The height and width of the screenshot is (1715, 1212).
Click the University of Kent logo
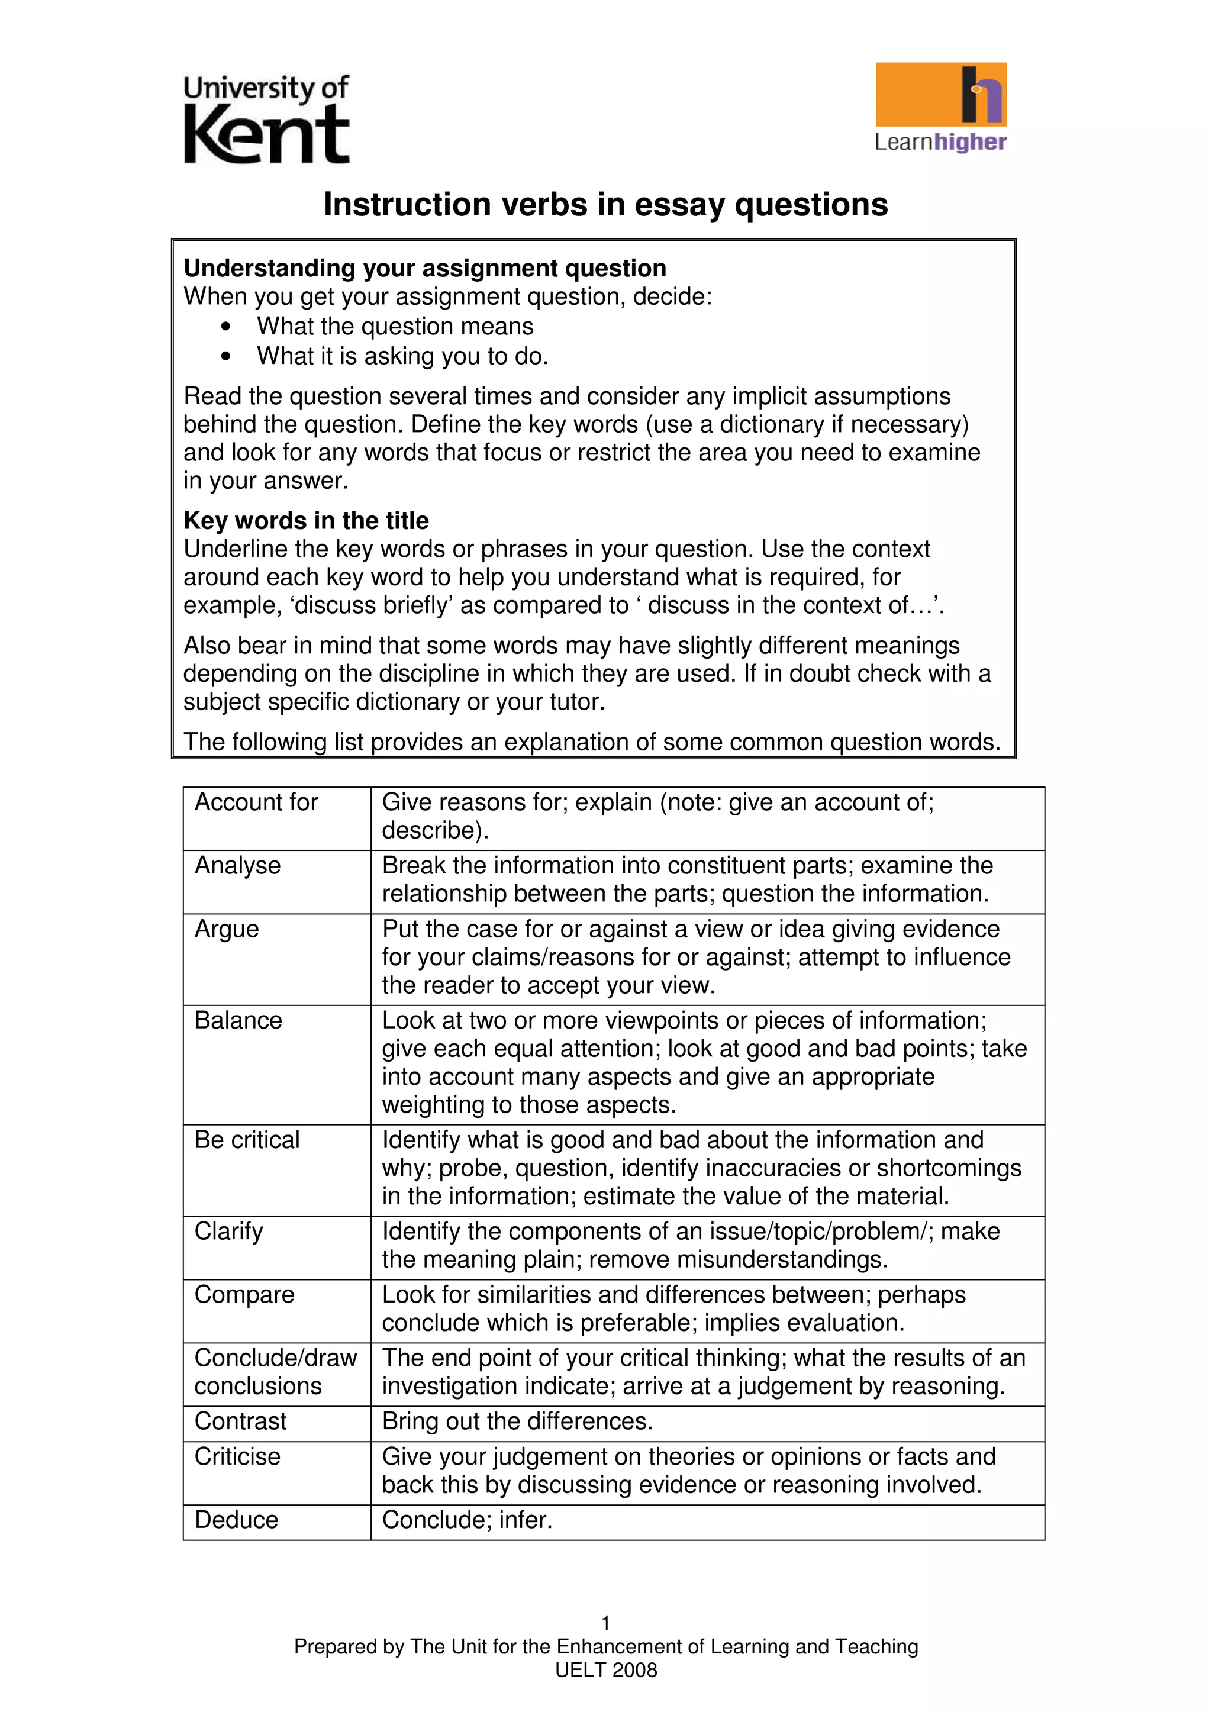pyautogui.click(x=266, y=120)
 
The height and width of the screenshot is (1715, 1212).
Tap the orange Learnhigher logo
pyautogui.click(x=940, y=106)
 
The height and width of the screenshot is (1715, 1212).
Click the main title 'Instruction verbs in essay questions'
pyautogui.click(x=605, y=205)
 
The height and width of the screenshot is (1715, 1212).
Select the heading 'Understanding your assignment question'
pyautogui.click(x=425, y=268)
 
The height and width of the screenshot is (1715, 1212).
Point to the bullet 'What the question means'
pyautogui.click(x=395, y=327)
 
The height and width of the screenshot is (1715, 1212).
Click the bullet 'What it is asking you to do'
pyautogui.click(x=402, y=356)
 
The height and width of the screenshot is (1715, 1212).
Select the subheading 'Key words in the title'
pyautogui.click(x=306, y=520)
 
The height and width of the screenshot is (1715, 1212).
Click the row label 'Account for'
pyautogui.click(x=256, y=802)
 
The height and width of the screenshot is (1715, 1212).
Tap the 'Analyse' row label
pyautogui.click(x=237, y=866)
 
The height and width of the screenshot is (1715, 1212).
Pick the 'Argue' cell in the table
pyautogui.click(x=227, y=929)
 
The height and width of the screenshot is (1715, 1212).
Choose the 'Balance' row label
pyautogui.click(x=238, y=1020)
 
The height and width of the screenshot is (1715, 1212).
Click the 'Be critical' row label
pyautogui.click(x=247, y=1140)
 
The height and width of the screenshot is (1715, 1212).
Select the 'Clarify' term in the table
pyautogui.click(x=228, y=1231)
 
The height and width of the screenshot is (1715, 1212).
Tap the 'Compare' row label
pyautogui.click(x=244, y=1294)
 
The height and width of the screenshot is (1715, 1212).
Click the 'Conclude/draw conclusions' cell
pyautogui.click(x=276, y=1371)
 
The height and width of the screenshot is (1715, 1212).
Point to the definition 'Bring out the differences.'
pyautogui.click(x=517, y=1421)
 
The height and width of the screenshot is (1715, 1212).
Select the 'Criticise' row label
pyautogui.click(x=237, y=1456)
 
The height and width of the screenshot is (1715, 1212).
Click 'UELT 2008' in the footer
pyautogui.click(x=605, y=1670)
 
